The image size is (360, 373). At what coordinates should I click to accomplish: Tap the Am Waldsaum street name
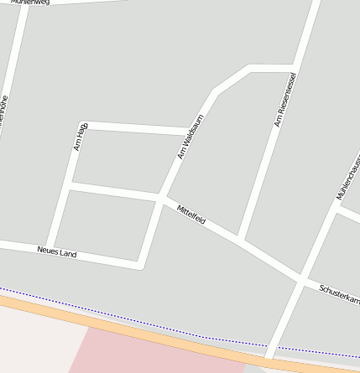click(191, 137)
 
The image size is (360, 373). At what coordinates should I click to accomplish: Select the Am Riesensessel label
click(285, 100)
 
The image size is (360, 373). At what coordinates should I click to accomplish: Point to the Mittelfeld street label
click(191, 214)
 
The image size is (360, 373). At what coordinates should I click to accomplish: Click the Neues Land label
click(57, 251)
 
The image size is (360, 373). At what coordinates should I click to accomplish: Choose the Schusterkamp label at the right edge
click(339, 294)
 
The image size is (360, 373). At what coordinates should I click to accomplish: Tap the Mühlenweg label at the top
click(30, 3)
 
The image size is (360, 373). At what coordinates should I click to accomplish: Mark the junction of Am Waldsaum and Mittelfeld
click(160, 198)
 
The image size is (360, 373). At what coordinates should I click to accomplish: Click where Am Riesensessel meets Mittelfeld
click(240, 241)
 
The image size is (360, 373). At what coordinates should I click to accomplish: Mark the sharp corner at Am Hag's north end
click(86, 125)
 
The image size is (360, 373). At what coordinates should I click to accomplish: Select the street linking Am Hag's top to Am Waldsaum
click(138, 128)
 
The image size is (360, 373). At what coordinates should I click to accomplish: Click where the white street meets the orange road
click(269, 359)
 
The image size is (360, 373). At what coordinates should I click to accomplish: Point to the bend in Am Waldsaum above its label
click(216, 91)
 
